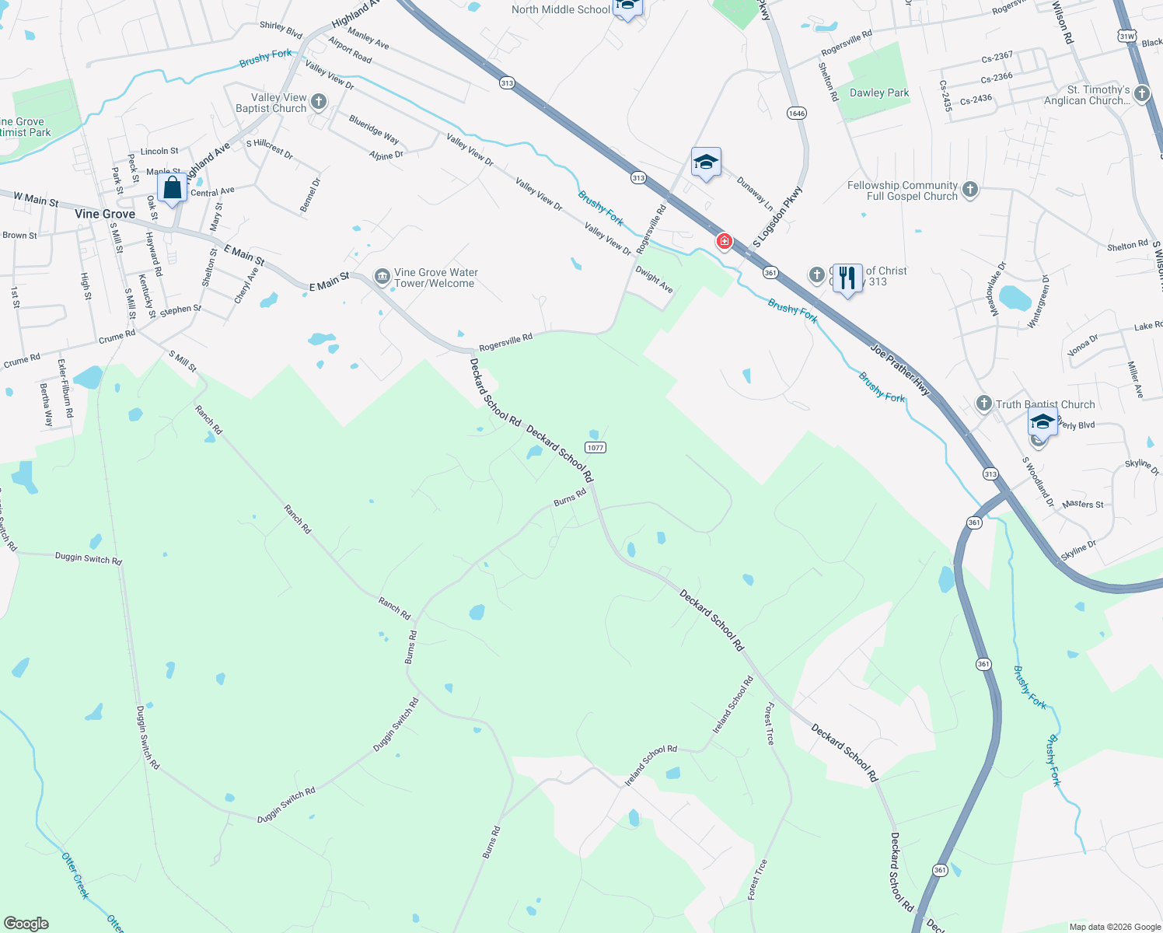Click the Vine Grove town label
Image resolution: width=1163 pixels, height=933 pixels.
coord(105,214)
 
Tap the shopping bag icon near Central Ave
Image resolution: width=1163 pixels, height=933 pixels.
coord(172,188)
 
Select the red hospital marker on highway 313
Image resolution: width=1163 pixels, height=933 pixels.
coord(725,241)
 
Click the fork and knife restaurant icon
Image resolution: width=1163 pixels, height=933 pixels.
coord(847,278)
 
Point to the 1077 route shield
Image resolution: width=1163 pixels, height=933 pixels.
coord(595,447)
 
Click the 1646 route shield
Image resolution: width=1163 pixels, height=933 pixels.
coord(796,113)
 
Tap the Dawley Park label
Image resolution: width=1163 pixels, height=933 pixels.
coord(879,93)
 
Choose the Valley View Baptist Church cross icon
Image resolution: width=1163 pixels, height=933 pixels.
coord(318,102)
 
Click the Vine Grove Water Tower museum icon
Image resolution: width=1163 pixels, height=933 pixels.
coord(382,277)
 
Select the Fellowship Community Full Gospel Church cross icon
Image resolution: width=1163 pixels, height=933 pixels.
coord(969,190)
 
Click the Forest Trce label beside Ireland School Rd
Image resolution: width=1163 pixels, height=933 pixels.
coord(770,724)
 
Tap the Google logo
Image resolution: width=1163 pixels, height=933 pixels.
coord(26,923)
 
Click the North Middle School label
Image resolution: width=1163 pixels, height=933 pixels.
coord(561,9)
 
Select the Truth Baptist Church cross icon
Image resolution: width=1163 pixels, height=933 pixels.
coord(983,403)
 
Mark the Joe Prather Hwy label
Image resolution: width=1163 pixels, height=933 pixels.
coord(900,370)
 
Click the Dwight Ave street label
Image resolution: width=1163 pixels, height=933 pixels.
coord(654,279)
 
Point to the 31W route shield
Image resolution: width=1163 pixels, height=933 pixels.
coord(1127,36)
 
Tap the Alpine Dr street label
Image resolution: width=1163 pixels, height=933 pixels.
coord(386,155)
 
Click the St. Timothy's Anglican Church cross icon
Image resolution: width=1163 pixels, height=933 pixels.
coord(1142,95)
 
